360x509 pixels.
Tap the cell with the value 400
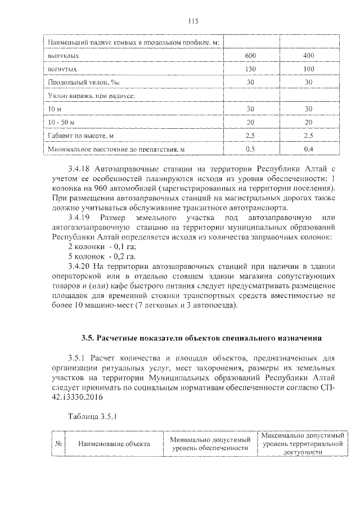click(308, 56)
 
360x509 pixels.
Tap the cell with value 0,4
click(308, 149)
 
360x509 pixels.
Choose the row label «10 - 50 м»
click(62, 122)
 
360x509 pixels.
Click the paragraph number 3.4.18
click(79, 169)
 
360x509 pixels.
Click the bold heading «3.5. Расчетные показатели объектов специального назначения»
click(201, 338)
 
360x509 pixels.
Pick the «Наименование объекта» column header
click(114, 444)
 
